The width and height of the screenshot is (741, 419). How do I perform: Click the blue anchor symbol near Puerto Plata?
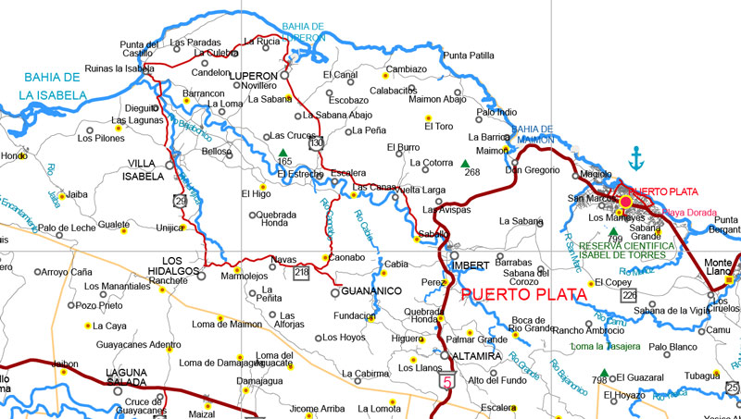(x=635, y=158)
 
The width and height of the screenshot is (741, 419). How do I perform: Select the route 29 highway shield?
(x=178, y=200)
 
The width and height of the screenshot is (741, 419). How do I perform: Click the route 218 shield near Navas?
(x=301, y=272)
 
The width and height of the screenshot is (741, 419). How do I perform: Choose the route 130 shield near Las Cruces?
(x=317, y=143)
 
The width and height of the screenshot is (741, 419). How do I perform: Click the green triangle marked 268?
(x=465, y=164)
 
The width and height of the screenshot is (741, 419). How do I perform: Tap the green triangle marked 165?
(x=283, y=153)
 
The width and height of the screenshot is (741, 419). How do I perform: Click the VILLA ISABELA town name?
(x=148, y=171)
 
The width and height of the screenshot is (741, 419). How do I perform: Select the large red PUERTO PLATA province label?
(x=524, y=295)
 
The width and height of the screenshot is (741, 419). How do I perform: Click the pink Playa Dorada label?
(x=689, y=212)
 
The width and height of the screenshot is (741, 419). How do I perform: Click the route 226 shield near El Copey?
(x=630, y=295)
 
